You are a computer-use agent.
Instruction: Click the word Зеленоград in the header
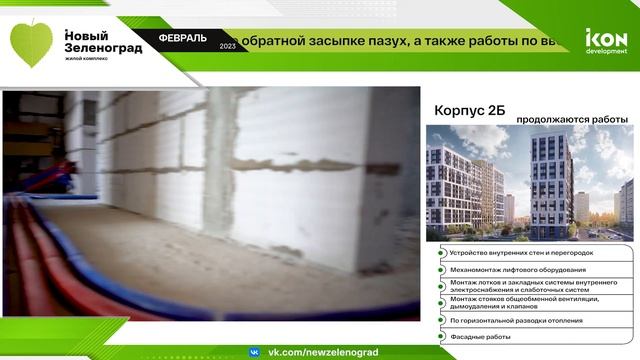[x=103, y=47]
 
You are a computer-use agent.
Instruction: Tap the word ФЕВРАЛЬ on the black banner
[x=183, y=38]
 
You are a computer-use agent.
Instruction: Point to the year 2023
[x=227, y=46]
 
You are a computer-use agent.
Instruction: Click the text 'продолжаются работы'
[x=565, y=119]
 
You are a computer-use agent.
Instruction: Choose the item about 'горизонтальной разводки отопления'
[x=523, y=320]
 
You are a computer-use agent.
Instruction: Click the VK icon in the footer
[x=254, y=352]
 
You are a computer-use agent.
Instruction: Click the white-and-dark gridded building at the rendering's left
[x=456, y=190]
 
